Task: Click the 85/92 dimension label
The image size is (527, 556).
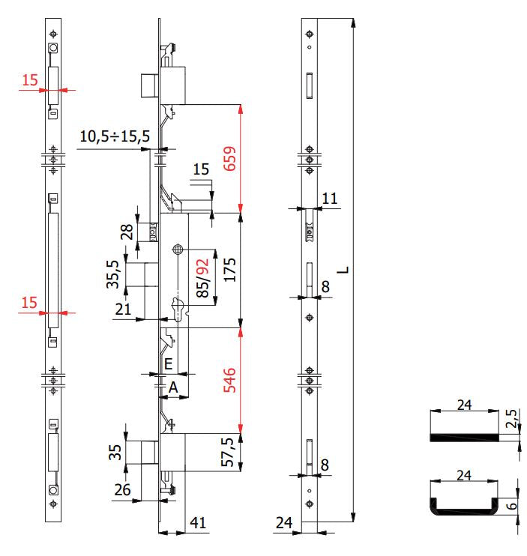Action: click(x=202, y=279)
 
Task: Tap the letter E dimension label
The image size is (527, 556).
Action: click(x=169, y=364)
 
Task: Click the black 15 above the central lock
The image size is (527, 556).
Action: click(x=201, y=170)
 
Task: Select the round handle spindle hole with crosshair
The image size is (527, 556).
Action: click(x=178, y=250)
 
